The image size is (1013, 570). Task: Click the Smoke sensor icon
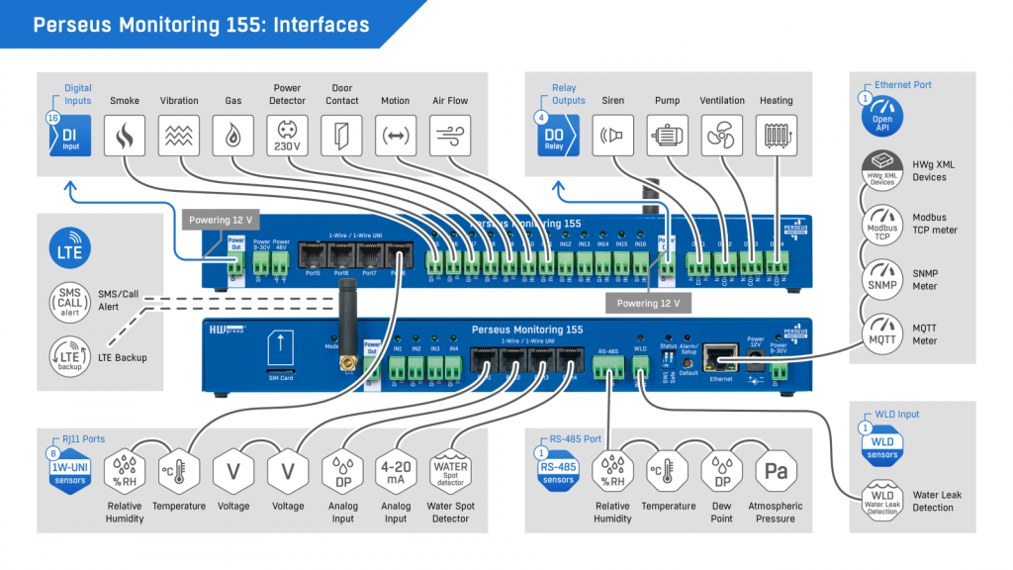tap(125, 135)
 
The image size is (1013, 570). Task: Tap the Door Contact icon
tap(342, 135)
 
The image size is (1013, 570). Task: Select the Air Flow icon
tap(451, 135)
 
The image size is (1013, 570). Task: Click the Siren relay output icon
tap(613, 135)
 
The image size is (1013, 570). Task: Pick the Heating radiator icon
tap(777, 135)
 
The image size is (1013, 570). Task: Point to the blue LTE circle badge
tap(71, 248)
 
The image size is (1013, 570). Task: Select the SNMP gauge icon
tap(881, 279)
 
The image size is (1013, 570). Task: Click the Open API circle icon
tap(881, 120)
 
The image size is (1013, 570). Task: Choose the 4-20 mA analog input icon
tap(396, 472)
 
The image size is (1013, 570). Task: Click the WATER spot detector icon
tap(451, 472)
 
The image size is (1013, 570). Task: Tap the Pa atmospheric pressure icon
tap(777, 472)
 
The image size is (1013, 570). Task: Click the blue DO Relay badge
tap(555, 135)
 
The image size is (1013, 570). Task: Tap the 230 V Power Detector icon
tap(287, 135)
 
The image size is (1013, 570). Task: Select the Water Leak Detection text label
tap(937, 501)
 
